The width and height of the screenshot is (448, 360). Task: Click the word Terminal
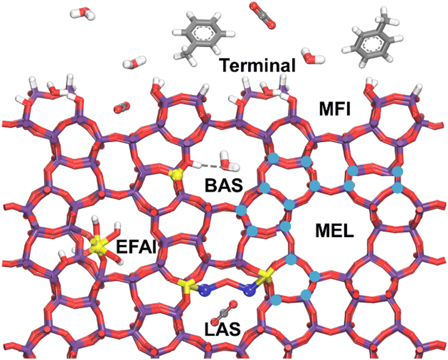point(258,66)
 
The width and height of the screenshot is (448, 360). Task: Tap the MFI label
point(336,110)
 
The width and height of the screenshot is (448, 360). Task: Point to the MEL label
point(334,230)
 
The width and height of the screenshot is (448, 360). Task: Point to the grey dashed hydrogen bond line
point(209,167)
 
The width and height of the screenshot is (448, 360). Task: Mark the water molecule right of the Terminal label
point(311,56)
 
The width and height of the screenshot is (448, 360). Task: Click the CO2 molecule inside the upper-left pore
point(120,108)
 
